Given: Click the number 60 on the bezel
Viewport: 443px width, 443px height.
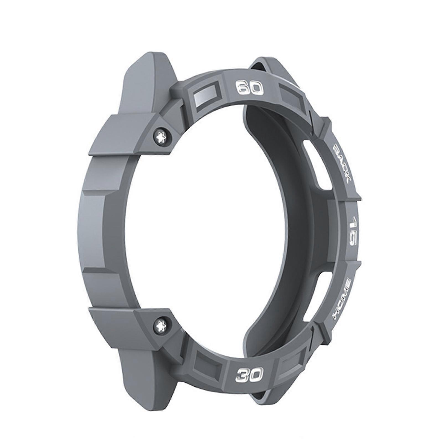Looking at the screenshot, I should (249, 88).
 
